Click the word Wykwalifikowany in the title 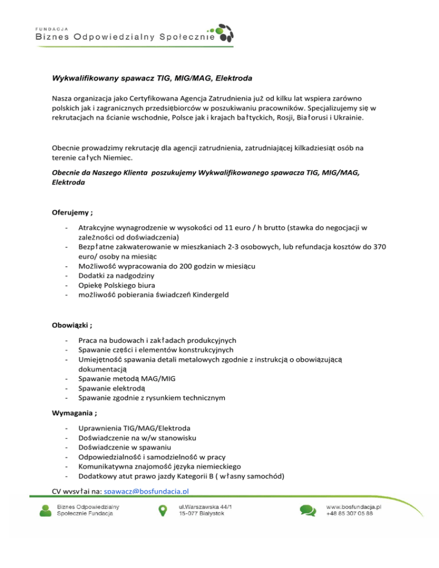(x=86, y=77)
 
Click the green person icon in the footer (x=45, y=510)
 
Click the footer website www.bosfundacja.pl (x=354, y=506)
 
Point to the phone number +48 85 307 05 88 (x=349, y=514)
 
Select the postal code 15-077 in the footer (x=190, y=514)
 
